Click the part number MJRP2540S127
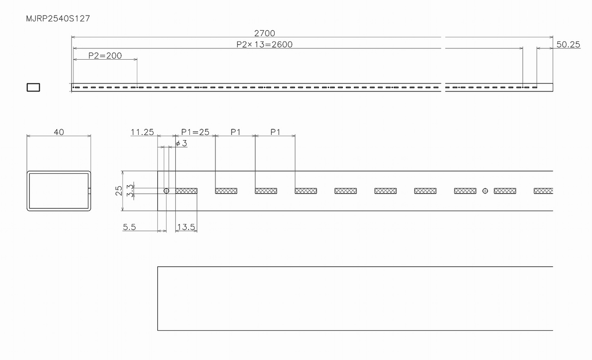tap(58, 19)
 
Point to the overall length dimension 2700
tap(264, 33)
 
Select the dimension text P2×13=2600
tap(264, 45)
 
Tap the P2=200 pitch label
tap(105, 55)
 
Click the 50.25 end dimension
tap(568, 45)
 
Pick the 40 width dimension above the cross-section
tap(59, 132)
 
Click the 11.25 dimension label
tap(142, 132)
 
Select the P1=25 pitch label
tap(195, 132)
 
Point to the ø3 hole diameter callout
tap(181, 143)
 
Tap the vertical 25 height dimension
tap(119, 190)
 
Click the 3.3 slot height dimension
tap(129, 191)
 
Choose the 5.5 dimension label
tap(129, 227)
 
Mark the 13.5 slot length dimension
tap(186, 227)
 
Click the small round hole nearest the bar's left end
tap(166, 191)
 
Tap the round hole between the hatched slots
tap(485, 191)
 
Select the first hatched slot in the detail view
tap(186, 191)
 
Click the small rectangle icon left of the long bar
tap(33, 87)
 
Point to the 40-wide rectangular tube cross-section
tap(59, 190)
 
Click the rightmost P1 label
tap(275, 132)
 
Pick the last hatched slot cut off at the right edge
tap(543, 191)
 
